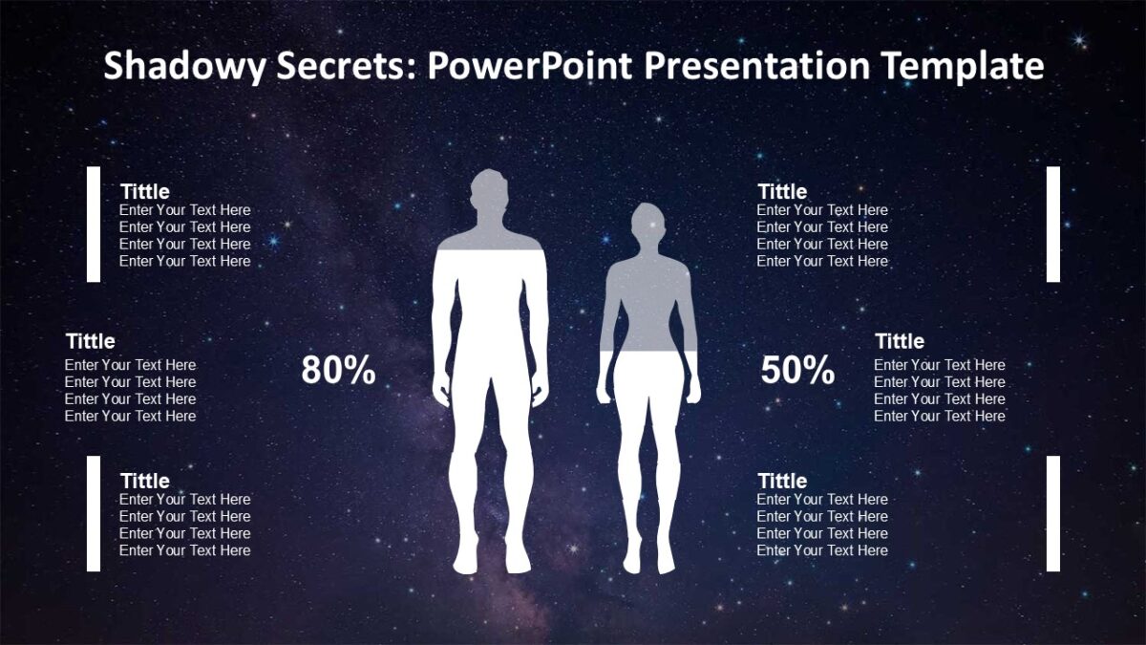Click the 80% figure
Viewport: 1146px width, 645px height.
point(338,370)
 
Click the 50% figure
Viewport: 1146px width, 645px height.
point(797,370)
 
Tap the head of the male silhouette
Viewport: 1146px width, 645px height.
point(489,195)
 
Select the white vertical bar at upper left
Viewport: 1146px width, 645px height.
point(94,224)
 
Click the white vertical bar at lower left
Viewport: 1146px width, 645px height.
point(94,513)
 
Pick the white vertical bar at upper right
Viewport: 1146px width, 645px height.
point(1053,224)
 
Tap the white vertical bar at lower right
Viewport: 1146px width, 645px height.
point(1053,513)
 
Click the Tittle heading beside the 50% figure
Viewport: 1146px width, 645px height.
point(900,341)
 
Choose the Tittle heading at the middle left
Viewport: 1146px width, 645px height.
point(91,341)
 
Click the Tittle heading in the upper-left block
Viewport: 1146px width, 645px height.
point(145,191)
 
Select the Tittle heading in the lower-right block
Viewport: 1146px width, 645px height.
point(782,481)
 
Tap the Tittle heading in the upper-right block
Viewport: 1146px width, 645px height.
point(782,191)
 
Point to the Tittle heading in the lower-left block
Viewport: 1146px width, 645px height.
point(145,481)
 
